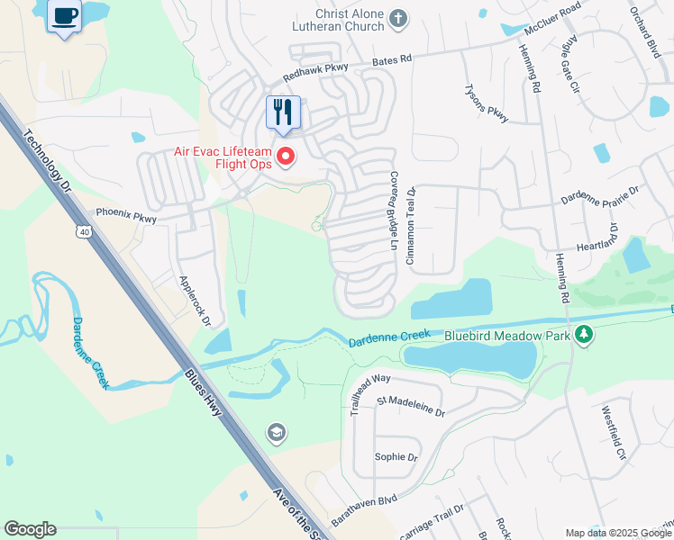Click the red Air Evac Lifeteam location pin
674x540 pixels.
click(x=287, y=157)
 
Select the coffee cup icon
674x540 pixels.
click(x=64, y=16)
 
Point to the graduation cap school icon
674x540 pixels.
click(x=277, y=435)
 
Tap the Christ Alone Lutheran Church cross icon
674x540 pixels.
click(x=398, y=17)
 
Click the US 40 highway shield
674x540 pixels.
click(x=84, y=232)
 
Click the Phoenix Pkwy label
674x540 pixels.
click(x=126, y=215)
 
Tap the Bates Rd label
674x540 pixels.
click(x=392, y=58)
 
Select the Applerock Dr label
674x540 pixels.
click(x=195, y=301)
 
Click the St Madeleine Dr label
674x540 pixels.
click(x=411, y=406)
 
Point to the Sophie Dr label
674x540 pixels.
click(x=396, y=457)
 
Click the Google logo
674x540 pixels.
click(x=30, y=529)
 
